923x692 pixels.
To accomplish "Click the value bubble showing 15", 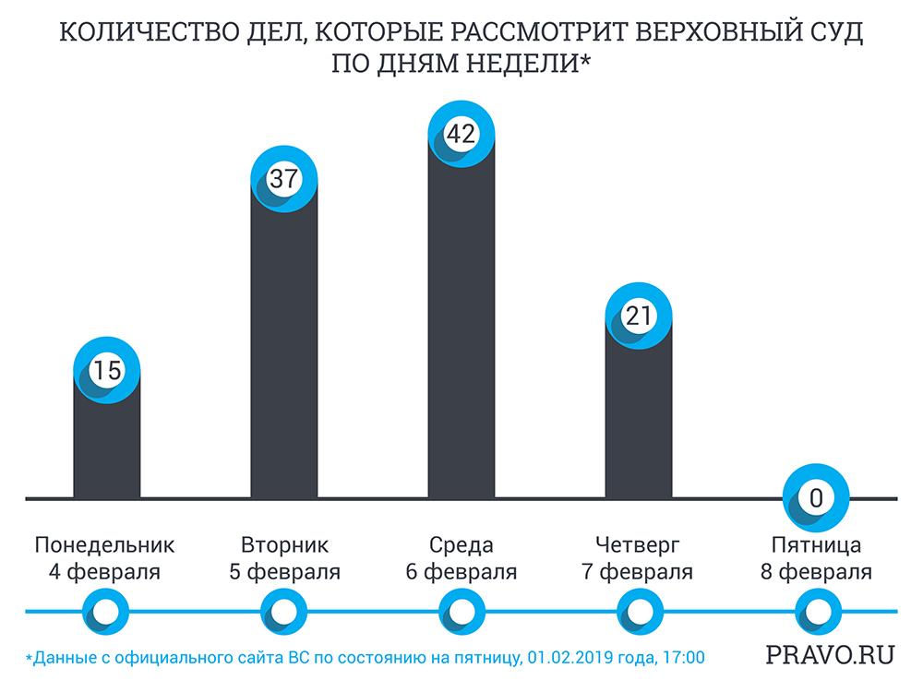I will [x=107, y=371].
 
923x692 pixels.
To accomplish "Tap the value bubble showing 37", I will [x=283, y=178].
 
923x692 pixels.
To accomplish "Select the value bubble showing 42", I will [x=461, y=134].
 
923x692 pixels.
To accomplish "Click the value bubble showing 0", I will [x=815, y=499].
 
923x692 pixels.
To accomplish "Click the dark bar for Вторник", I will [x=283, y=351].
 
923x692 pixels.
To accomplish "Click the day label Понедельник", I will [x=104, y=544].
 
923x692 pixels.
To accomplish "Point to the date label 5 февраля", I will [x=284, y=572].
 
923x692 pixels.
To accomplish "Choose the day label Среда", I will [x=461, y=544].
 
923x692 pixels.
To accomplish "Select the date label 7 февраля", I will [x=638, y=572].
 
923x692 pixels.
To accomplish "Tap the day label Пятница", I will [x=816, y=544].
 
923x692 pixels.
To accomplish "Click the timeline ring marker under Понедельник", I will [x=106, y=611].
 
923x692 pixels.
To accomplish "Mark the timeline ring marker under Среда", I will [x=461, y=611].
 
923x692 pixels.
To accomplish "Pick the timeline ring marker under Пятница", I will [x=815, y=611].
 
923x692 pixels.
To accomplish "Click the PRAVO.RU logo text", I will [x=830, y=656].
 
